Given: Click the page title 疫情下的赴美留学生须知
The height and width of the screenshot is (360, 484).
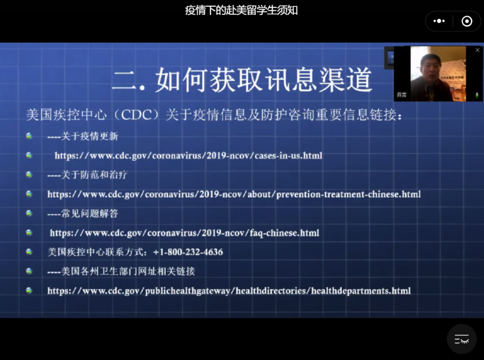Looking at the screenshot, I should (x=242, y=10).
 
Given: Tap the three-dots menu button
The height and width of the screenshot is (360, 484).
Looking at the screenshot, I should (x=439, y=21).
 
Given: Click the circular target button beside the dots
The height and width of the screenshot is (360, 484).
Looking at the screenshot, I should (x=467, y=21).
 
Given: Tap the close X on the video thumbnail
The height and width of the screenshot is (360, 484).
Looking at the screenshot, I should (x=477, y=50).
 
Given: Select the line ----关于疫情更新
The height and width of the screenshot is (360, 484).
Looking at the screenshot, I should (x=83, y=137).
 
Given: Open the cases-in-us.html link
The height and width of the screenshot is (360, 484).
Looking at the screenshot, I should (x=188, y=156).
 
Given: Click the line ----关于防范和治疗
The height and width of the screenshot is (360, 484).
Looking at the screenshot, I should (x=87, y=175).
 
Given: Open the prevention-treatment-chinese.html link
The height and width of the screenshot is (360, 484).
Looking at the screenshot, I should (x=234, y=194).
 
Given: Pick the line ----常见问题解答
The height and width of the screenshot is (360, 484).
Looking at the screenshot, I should (x=83, y=214).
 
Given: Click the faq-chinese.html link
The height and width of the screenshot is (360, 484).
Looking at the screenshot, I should (x=185, y=233).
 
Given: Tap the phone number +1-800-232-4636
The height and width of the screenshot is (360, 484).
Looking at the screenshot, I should (x=188, y=252).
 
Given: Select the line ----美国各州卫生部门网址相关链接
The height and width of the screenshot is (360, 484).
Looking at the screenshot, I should (x=121, y=271).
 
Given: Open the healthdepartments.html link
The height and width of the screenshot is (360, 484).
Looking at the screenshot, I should (x=229, y=291).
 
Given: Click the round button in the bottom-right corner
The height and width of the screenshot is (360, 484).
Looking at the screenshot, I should (x=462, y=339).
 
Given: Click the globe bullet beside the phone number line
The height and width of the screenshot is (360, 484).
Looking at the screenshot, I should (x=29, y=252).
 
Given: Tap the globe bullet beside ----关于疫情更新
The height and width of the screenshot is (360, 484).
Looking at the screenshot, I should (x=29, y=136).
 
